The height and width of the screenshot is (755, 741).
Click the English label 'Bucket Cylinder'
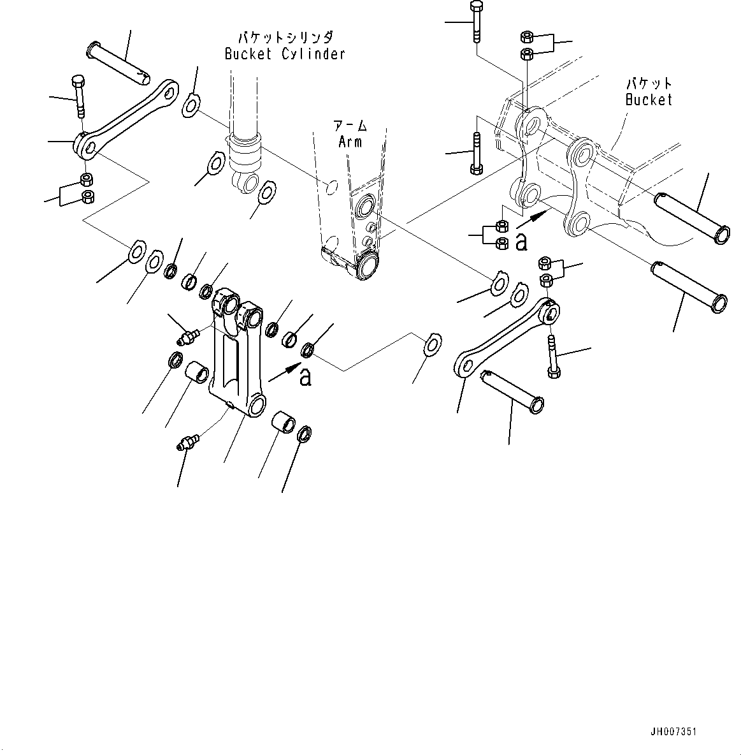pos(285,54)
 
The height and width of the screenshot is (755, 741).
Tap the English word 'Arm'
pos(350,141)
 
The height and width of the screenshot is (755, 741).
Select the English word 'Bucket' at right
pos(648,99)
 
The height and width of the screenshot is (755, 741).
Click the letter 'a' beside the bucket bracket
pos(521,241)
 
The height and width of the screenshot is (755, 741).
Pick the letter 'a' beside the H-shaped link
pos(305,376)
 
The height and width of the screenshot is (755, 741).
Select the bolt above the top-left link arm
pos(78,96)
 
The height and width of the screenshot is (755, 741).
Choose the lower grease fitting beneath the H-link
pos(189,441)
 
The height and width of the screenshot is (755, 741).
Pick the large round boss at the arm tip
pos(367,265)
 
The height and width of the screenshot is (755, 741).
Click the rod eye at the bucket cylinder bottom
pos(247,181)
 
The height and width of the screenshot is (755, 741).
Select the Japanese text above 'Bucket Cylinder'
pos(285,37)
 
